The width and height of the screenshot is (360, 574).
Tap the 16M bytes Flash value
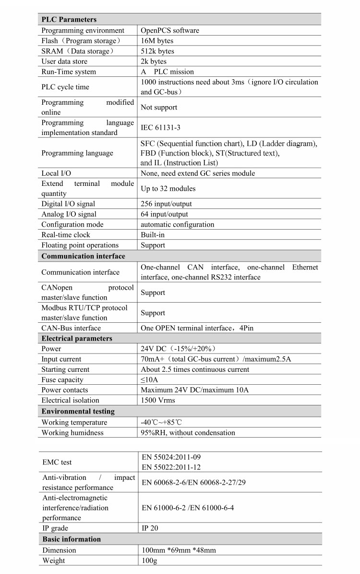coord(157,41)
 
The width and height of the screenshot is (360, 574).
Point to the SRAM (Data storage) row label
coord(78,51)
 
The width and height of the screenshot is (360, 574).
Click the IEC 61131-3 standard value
coord(160,128)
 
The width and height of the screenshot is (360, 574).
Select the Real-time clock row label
coord(66,235)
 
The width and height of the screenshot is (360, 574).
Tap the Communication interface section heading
coord(83,256)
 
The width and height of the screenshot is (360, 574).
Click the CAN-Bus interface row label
coord(71,328)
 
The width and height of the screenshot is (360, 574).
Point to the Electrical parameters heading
coord(77,339)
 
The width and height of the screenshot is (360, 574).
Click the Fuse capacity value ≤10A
coord(149,380)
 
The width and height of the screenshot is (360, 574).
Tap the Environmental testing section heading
coord(78,411)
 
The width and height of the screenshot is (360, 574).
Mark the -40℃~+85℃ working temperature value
coord(161,422)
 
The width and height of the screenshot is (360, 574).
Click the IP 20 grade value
coord(150,528)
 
